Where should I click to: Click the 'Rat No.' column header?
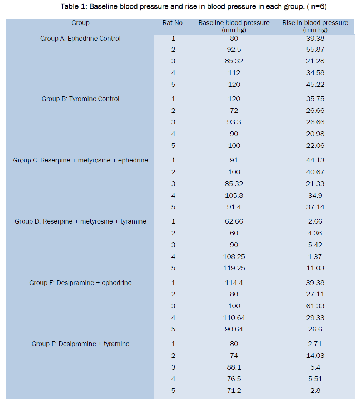(173, 23)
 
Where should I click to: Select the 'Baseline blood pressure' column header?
(234, 26)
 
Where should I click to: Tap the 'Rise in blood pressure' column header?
(315, 26)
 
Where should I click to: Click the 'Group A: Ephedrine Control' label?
(80, 39)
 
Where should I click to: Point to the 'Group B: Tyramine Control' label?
(80, 99)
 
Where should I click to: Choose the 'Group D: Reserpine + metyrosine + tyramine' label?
(80, 221)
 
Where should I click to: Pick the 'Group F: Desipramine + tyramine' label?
(80, 344)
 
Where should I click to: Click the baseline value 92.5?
(234, 50)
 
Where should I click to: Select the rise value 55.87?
(315, 50)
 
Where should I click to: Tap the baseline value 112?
(234, 73)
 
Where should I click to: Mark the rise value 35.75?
(315, 99)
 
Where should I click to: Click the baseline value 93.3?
(234, 122)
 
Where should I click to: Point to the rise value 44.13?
(315, 160)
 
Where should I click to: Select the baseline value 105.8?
(234, 195)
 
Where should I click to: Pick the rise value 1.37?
(315, 256)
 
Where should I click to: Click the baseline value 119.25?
(234, 268)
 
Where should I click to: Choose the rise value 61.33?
(315, 306)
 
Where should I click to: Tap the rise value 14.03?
(315, 356)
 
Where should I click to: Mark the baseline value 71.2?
(234, 391)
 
